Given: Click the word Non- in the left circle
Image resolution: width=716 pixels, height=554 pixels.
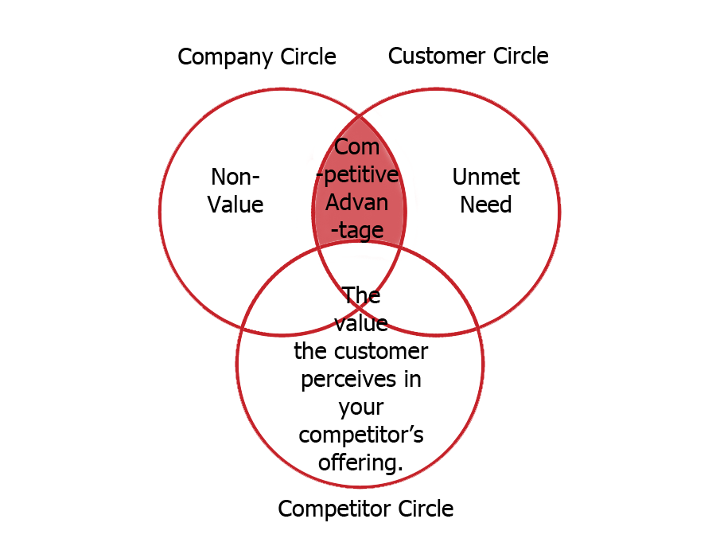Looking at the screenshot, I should (x=235, y=177).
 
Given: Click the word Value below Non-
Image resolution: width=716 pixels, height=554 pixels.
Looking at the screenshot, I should (x=235, y=205).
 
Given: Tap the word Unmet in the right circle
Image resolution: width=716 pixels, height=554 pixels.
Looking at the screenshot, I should (x=485, y=177).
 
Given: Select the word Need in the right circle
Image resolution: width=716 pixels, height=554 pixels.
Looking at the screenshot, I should (x=485, y=205).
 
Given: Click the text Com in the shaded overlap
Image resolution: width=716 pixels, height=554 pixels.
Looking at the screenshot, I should (x=357, y=147).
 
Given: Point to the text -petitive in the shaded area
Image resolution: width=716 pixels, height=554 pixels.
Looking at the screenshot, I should (x=357, y=174).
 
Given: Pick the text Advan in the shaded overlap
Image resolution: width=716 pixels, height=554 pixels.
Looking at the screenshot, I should (x=357, y=201).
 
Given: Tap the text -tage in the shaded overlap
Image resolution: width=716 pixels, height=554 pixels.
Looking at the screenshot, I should (x=357, y=229).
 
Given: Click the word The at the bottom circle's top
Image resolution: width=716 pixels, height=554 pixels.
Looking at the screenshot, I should (x=361, y=296).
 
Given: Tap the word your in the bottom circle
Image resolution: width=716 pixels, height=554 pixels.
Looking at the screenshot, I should (x=360, y=408).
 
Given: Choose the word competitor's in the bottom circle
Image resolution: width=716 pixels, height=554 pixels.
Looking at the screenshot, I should (x=360, y=435).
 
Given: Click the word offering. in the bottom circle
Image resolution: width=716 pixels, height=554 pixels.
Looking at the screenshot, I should (x=360, y=462).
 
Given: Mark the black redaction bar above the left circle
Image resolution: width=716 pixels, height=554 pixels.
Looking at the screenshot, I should (x=256, y=57).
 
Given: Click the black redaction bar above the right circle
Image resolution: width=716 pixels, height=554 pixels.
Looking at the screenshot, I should (x=468, y=55).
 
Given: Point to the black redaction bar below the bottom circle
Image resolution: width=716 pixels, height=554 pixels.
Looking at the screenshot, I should (x=366, y=509).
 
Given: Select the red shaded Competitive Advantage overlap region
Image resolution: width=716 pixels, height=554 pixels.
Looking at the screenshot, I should (x=359, y=191).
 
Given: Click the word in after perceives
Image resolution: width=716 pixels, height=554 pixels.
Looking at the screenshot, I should (x=412, y=379).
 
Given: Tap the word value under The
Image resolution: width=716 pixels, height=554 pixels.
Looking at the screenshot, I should (x=361, y=323).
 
